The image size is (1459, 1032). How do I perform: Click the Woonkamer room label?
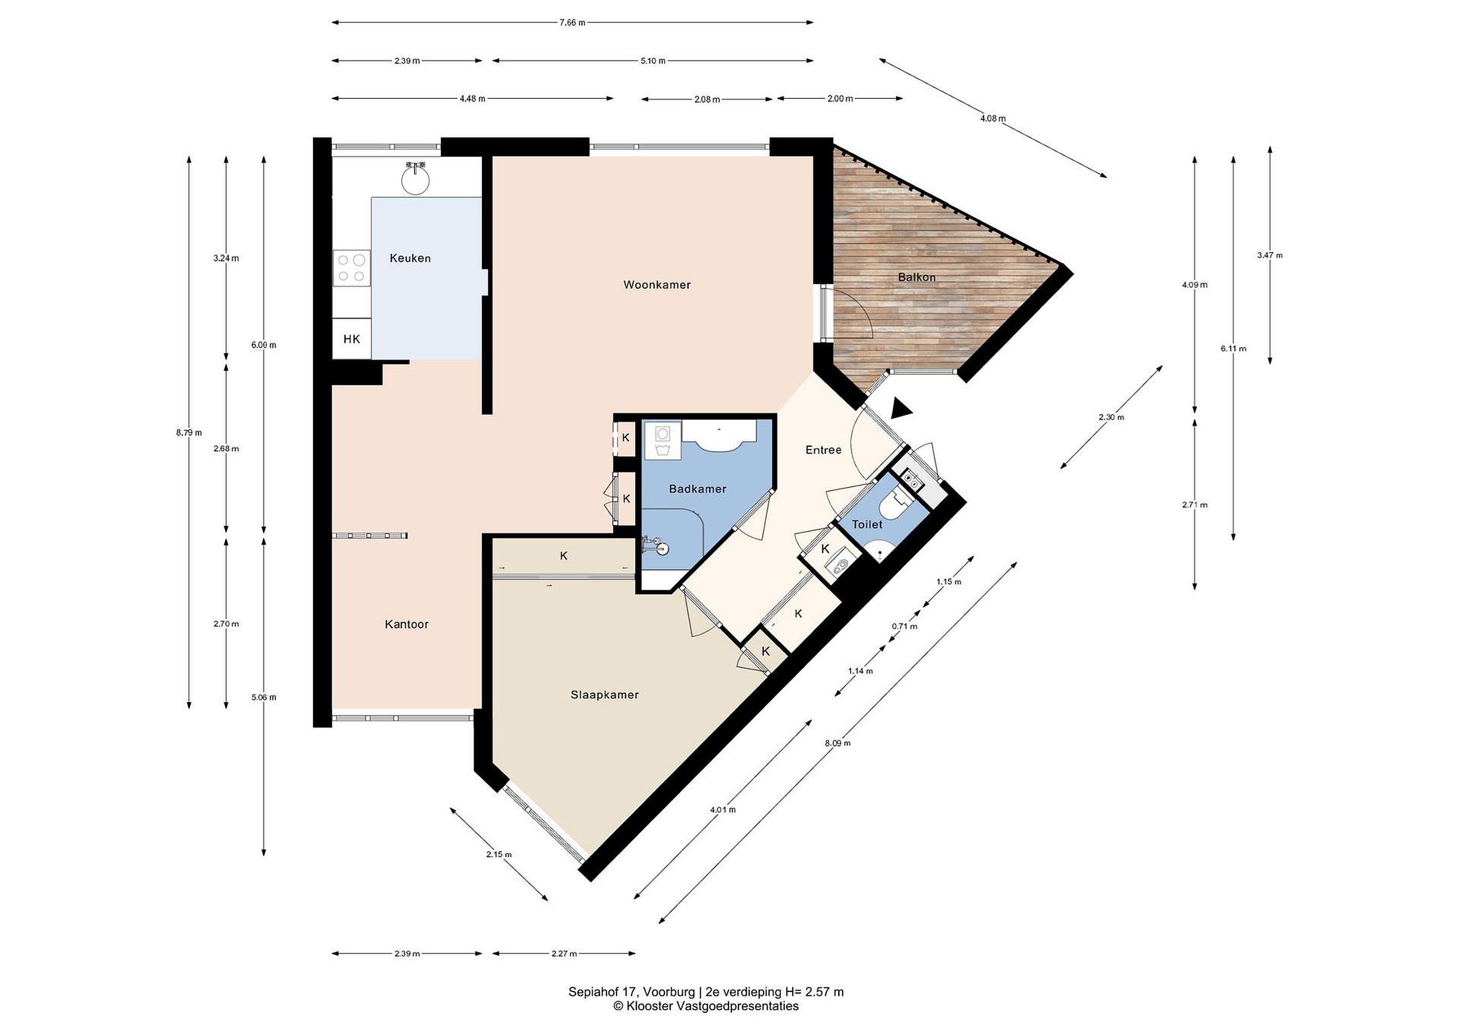(x=657, y=285)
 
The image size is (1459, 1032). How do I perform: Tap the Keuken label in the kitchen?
(x=410, y=258)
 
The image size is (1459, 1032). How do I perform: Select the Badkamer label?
(x=697, y=489)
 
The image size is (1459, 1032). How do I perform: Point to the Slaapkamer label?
(x=604, y=695)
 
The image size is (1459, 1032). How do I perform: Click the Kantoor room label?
(x=407, y=624)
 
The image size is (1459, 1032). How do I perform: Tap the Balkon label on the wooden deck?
(x=916, y=277)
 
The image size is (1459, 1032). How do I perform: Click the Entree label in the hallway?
(x=824, y=450)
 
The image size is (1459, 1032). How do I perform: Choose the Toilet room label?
(x=867, y=524)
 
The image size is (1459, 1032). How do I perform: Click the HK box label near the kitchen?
(x=352, y=339)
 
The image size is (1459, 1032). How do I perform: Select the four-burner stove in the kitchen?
(x=351, y=267)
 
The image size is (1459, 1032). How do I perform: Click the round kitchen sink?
(x=415, y=178)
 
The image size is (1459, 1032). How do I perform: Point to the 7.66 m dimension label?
(x=572, y=23)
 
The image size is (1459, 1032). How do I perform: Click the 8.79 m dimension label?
(x=189, y=433)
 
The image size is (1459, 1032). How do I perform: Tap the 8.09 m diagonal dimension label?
(x=837, y=743)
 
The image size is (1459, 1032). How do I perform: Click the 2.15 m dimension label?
(x=499, y=854)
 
